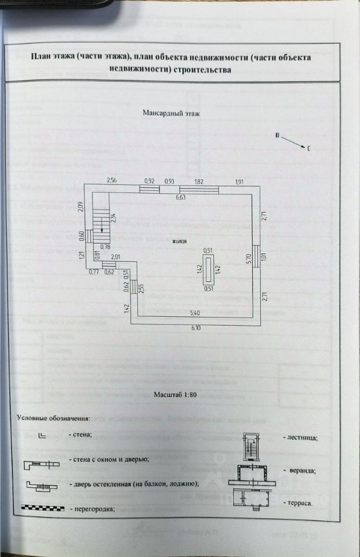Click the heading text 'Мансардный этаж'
coord(171,114)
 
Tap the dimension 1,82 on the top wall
coord(199,181)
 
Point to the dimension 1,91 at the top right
coord(239,181)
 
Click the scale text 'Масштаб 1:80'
coord(179,395)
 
